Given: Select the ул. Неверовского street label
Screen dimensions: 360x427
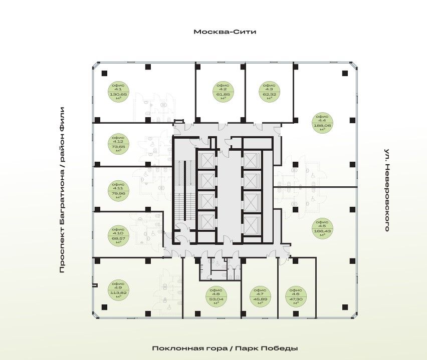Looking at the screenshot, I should tap(387, 189).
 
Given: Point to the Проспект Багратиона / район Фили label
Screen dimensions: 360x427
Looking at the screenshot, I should tap(62, 189).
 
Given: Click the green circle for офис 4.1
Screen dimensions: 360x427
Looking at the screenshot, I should tap(119, 92).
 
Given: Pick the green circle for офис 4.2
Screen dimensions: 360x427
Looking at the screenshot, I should tap(220, 92).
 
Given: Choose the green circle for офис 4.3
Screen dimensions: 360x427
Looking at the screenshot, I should tap(269, 92).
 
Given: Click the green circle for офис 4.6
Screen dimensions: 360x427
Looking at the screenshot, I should tap(296, 296).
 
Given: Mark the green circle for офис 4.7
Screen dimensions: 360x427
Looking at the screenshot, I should tap(259, 296).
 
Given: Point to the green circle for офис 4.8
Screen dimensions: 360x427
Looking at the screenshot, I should tap(217, 296).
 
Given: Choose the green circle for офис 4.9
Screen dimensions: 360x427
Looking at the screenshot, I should tap(119, 290).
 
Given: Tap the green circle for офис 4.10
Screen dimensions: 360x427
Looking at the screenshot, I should tap(119, 234).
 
